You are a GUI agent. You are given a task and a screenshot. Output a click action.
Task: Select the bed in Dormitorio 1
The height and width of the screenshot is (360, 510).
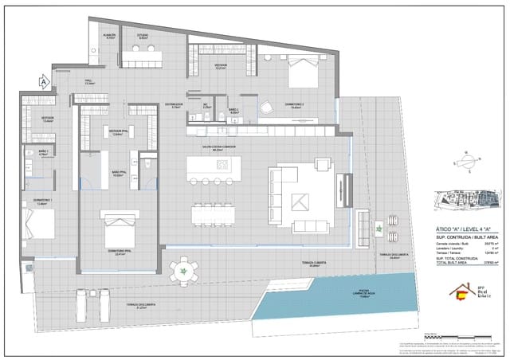pos(38,223)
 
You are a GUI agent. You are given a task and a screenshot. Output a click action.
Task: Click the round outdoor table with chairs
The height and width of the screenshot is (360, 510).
pos(185,272)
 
